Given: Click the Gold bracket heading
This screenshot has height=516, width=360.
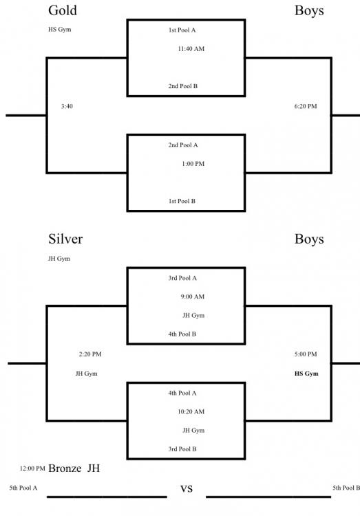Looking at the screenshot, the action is [63, 10].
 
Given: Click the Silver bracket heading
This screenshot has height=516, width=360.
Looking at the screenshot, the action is [65, 239].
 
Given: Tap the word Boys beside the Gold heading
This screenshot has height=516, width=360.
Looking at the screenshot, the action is [309, 10].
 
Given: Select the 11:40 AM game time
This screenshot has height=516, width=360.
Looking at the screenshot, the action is [191, 49].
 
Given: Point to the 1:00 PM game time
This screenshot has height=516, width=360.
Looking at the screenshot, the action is [193, 164].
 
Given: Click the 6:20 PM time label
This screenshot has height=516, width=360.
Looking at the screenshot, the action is [306, 106].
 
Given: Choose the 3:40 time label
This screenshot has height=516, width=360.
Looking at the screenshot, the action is [67, 106].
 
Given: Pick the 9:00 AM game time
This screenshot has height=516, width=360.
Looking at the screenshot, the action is [192, 297].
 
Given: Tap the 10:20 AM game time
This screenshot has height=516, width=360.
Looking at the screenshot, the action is [191, 411].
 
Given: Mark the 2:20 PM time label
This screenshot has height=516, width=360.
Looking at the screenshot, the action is [90, 354].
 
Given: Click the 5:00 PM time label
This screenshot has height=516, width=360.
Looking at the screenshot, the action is [306, 354].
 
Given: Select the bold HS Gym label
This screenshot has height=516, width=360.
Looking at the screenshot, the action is [306, 374].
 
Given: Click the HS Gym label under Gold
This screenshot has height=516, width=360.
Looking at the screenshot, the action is [60, 30].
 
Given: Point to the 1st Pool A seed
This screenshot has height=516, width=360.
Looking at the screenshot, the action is [182, 30].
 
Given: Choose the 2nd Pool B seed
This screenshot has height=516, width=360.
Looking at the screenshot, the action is [183, 86].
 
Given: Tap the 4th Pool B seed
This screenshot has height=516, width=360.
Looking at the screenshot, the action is [182, 334].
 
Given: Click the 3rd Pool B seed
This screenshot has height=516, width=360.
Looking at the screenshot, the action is [182, 449].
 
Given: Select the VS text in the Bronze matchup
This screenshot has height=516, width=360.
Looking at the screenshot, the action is [187, 489].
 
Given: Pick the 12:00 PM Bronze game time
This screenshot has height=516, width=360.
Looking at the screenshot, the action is [32, 469].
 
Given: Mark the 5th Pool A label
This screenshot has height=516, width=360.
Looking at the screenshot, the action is [23, 488].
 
